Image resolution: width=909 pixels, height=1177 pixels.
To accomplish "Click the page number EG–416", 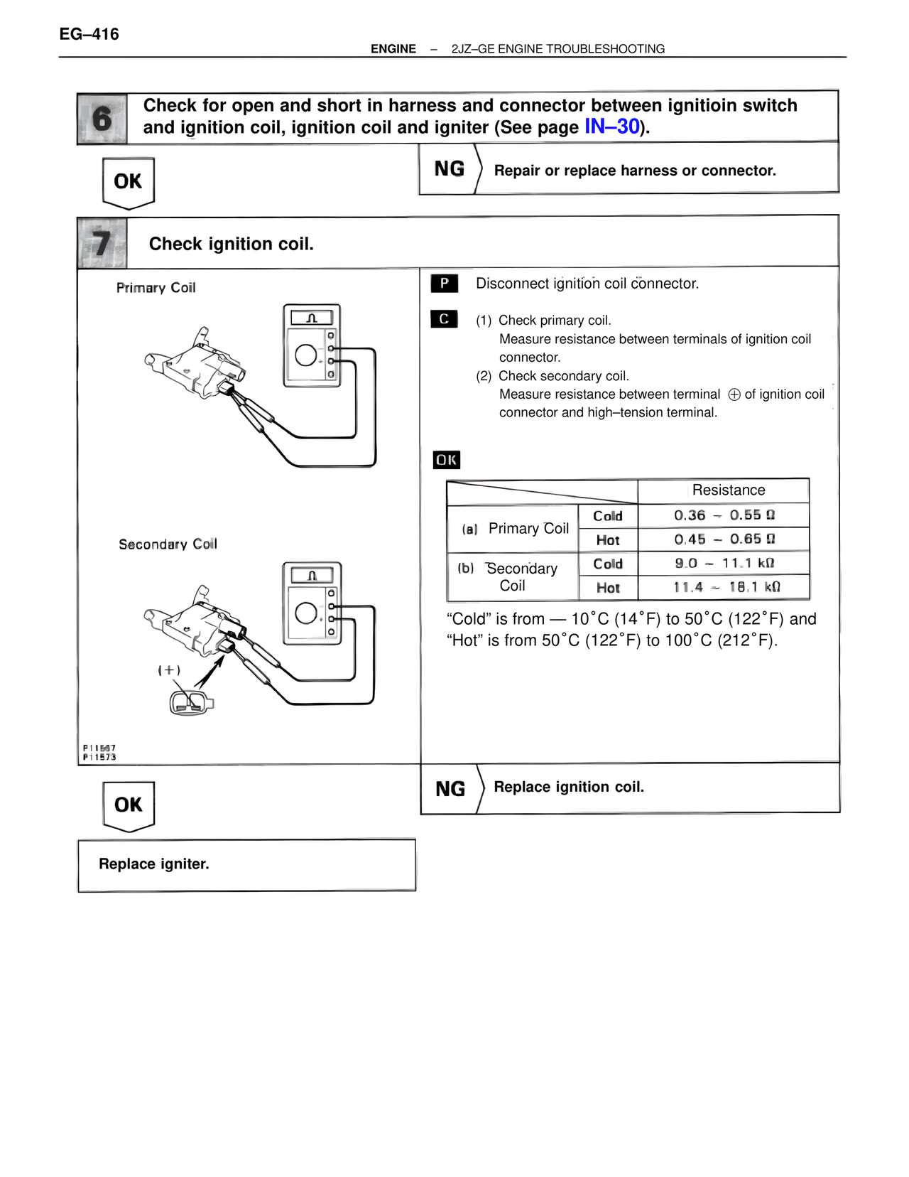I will coord(89,34).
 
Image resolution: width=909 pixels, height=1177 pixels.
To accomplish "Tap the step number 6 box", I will coord(102,119).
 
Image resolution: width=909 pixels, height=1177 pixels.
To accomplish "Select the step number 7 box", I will coord(102,243).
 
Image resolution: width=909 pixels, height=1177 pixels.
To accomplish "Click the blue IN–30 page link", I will coord(612,127).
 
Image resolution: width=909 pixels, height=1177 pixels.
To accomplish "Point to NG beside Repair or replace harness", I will coord(449,169).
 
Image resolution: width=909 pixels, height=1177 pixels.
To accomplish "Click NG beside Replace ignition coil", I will coord(450,789).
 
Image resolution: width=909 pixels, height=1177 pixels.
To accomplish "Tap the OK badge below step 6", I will coord(128,182).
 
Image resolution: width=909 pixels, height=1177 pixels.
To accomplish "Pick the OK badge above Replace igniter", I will coord(129,805).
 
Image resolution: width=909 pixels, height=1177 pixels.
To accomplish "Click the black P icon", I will coord(444,284).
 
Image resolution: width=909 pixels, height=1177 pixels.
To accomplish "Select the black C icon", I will coord(444,319).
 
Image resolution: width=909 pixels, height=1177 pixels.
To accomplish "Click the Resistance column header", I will coord(728,490).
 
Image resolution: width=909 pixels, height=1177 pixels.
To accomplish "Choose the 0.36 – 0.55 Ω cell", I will coord(724,515).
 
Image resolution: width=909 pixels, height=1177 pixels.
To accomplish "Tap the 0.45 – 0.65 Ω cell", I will coord(724,539).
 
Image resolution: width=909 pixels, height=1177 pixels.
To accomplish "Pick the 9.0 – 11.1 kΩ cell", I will coord(724,564).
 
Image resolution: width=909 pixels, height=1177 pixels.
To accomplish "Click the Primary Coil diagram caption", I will coord(156,288).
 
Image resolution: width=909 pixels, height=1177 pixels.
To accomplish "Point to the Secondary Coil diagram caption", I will coord(168,544).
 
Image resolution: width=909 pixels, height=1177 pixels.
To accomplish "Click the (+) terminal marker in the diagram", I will coord(169,670).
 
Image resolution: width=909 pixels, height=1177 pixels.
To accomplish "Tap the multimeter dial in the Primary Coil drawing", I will coord(306,355).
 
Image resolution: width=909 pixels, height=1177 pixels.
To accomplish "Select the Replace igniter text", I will coord(154,864).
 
